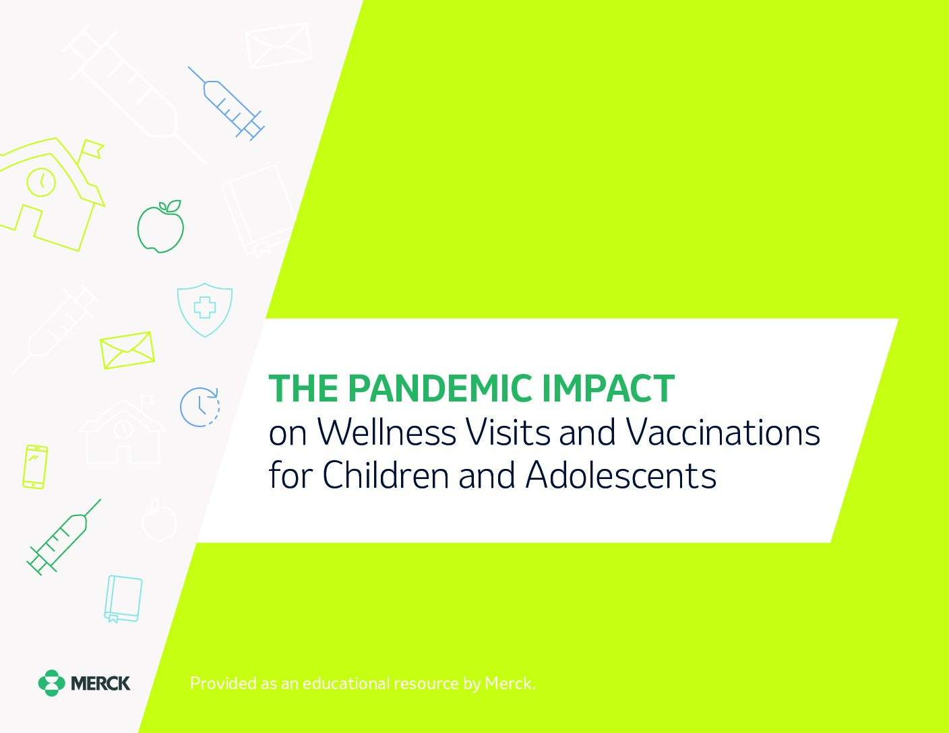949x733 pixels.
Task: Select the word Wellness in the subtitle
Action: tap(386, 433)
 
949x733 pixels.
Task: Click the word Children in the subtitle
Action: tap(386, 474)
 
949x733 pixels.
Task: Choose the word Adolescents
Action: tap(621, 474)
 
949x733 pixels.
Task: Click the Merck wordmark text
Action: tap(100, 683)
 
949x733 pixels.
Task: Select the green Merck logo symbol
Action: tap(51, 682)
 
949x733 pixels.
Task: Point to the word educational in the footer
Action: tap(346, 683)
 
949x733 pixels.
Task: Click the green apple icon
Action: tap(160, 226)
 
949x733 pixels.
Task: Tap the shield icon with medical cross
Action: tap(205, 309)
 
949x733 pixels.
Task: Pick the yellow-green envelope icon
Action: tap(127, 350)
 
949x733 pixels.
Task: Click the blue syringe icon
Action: tap(226, 104)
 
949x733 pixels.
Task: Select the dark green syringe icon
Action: tap(64, 537)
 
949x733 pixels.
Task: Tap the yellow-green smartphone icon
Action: tap(35, 467)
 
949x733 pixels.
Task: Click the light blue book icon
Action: tap(123, 599)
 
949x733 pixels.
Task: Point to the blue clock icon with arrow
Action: tap(200, 407)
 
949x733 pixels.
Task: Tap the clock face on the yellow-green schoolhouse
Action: tap(42, 182)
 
